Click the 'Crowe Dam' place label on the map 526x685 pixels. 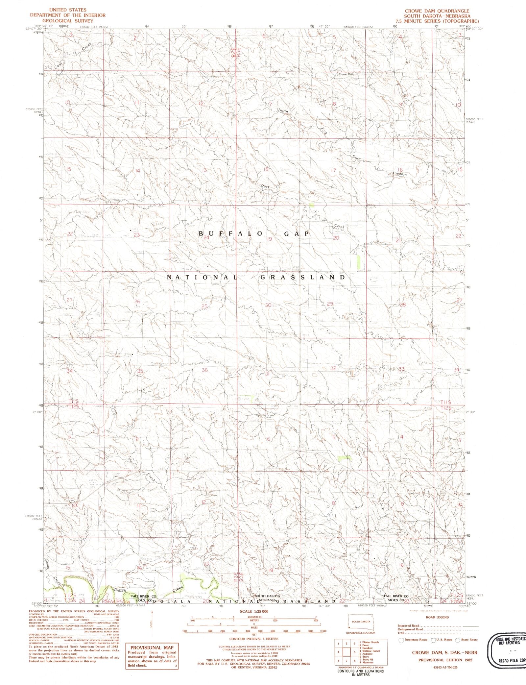pos(346,74)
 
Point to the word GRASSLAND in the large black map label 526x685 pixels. pos(302,277)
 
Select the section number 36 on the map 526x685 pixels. pos(205,370)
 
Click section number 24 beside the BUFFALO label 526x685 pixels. pos(206,237)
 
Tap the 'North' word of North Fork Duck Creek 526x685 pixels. pos(283,111)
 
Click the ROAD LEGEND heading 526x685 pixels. pos(437,617)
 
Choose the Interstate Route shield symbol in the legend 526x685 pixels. pos(401,640)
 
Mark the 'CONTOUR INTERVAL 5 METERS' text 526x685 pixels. pos(253,639)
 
